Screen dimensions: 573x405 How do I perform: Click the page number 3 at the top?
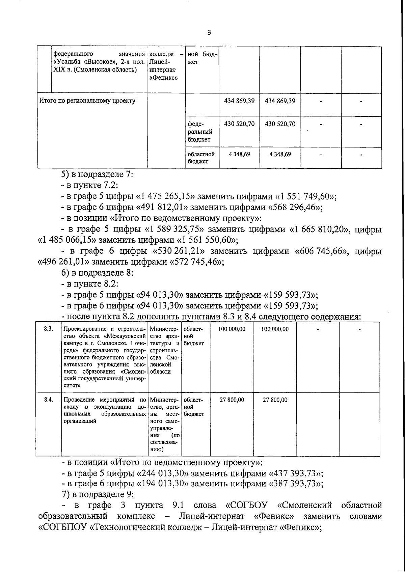click(209, 33)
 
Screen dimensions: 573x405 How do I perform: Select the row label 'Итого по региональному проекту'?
click(87, 101)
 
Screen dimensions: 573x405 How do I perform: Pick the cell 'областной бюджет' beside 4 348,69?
click(201, 158)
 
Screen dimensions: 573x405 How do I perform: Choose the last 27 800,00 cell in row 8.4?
click(275, 400)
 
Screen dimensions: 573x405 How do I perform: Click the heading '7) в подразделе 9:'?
click(96, 494)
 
